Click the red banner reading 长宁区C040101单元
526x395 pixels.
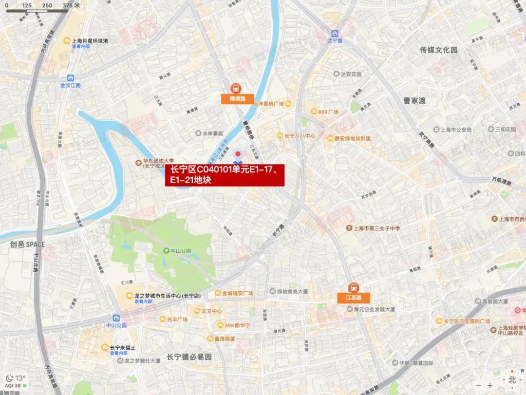(x=225, y=175)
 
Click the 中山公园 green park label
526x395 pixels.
(x=180, y=251)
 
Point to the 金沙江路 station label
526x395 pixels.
(x=71, y=85)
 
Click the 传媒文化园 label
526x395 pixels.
(x=439, y=50)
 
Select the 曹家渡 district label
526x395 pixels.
(x=414, y=100)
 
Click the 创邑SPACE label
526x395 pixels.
(x=27, y=245)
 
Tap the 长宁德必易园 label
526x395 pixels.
(x=189, y=357)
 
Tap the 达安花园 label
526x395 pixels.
(x=351, y=74)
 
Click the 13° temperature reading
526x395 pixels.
(x=20, y=378)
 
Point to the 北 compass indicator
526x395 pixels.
(x=511, y=379)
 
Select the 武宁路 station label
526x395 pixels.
(x=335, y=40)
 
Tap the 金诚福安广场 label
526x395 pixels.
(x=237, y=293)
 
